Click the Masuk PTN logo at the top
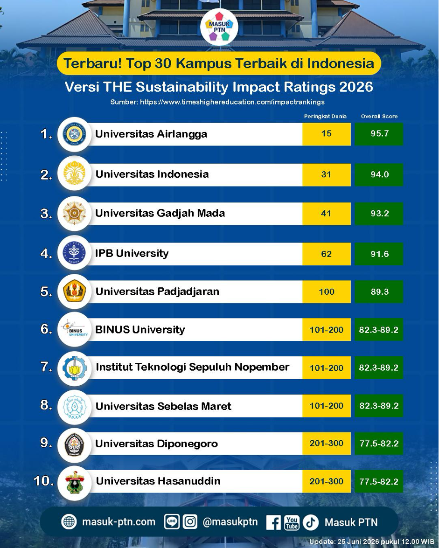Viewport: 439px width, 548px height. pos(219,28)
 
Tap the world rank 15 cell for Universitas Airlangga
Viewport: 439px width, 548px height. pos(327,134)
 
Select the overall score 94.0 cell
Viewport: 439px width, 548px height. pos(379,174)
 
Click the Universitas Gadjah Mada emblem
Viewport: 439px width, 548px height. pos(75,213)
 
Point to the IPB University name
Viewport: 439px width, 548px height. pos(132,253)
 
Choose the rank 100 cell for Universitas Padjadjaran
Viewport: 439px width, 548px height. pos(327,291)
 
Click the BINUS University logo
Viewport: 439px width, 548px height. pos(75,329)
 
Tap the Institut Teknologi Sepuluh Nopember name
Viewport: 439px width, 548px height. pos(193,367)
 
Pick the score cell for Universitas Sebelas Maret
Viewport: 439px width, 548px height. pos(379,406)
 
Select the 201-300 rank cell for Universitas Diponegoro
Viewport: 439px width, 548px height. pos(327,444)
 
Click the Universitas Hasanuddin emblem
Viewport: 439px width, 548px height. pos(75,482)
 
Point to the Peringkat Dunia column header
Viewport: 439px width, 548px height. pos(326,117)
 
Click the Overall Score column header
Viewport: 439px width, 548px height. pos(379,117)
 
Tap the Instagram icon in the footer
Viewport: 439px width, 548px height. pos(190,522)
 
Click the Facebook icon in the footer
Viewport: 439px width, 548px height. pos(273,522)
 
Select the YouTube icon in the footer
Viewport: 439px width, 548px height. pos(292,522)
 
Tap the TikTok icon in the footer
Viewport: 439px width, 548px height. pos(311,522)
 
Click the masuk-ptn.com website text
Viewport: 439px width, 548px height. pos(118,522)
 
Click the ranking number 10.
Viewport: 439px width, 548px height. pos(44,481)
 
